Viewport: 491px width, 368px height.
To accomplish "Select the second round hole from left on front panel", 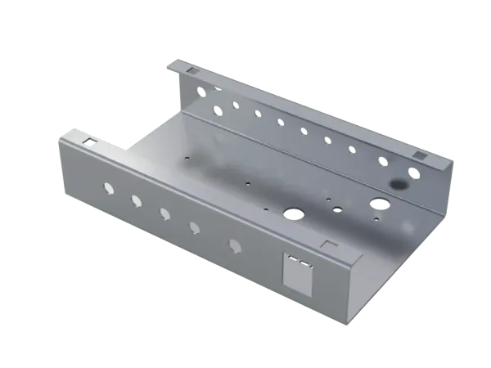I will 136,201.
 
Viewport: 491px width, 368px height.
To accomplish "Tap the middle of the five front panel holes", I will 165,214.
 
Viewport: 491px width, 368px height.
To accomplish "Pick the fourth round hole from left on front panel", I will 196,228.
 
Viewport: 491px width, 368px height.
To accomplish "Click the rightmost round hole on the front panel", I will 236,245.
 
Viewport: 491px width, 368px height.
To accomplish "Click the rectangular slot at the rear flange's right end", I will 419,155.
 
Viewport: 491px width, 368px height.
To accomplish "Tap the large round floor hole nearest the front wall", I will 293,214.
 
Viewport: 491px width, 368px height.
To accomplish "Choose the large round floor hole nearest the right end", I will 379,201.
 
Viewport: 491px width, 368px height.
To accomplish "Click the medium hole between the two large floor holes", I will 336,209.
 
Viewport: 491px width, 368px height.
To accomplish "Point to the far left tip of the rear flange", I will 164,61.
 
